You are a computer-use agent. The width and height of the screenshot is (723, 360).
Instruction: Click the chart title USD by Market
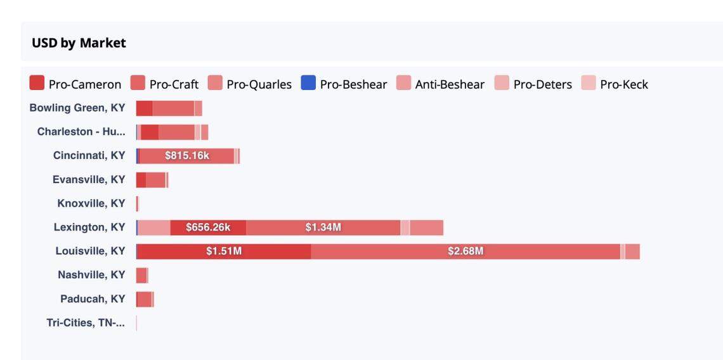click(79, 43)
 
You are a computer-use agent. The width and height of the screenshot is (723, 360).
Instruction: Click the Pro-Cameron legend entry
click(75, 84)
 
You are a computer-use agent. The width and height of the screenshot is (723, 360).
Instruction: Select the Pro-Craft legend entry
click(165, 84)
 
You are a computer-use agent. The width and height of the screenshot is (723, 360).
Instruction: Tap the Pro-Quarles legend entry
click(251, 84)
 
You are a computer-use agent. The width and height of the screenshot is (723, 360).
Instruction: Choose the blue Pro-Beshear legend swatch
click(308, 83)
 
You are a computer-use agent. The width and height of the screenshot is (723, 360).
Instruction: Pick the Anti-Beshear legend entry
click(441, 84)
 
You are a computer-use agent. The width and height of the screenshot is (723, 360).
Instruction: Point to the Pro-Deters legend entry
click(533, 84)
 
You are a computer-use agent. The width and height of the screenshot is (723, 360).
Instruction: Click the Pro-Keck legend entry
click(615, 84)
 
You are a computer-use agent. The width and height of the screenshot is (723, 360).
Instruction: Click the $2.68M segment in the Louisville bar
click(466, 252)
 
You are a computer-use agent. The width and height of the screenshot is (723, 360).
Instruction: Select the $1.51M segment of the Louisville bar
click(224, 252)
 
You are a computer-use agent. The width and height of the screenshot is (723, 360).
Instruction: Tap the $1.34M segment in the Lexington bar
click(323, 228)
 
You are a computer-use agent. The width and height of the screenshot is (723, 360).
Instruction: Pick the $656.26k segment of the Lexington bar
click(208, 228)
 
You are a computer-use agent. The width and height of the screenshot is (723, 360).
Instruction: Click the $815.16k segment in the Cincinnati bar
click(187, 156)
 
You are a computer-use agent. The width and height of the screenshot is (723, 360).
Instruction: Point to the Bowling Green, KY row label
click(77, 108)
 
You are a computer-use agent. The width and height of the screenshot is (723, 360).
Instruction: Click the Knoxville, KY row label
click(91, 203)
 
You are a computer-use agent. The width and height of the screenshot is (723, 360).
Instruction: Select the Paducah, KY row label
click(93, 299)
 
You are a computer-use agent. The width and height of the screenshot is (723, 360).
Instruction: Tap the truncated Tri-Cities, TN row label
click(86, 323)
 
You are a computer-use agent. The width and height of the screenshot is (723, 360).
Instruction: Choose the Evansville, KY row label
click(89, 180)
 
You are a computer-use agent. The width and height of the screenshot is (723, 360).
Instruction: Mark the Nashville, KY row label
click(91, 275)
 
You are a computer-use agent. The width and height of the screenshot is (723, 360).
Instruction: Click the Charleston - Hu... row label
click(81, 132)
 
